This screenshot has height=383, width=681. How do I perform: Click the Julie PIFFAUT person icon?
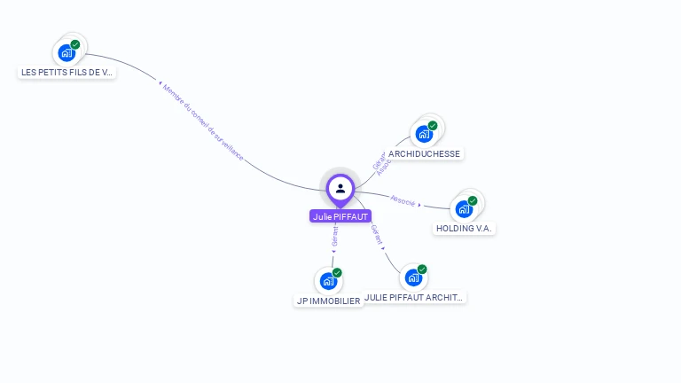click(x=340, y=188)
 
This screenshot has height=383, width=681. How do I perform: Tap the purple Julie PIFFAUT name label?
click(x=340, y=216)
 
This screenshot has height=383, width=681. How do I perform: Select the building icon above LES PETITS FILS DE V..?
click(x=67, y=53)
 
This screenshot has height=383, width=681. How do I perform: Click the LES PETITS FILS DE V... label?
click(x=67, y=72)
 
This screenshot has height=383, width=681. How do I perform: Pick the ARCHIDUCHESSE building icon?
click(x=424, y=135)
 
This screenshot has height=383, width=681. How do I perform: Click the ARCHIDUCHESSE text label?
click(x=425, y=153)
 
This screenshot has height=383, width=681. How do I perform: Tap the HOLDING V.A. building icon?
click(x=464, y=210)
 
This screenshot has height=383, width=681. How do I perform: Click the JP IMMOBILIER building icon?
click(x=328, y=282)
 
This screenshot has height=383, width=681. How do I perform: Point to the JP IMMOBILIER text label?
click(x=328, y=301)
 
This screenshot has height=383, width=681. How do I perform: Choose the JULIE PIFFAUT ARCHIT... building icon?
click(x=413, y=278)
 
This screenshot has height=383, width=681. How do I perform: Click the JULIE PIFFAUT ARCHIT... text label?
click(x=415, y=298)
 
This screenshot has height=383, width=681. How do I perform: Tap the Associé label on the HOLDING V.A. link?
click(x=403, y=201)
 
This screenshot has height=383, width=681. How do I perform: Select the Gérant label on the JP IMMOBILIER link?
click(x=334, y=236)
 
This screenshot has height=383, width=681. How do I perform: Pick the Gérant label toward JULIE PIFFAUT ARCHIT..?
click(x=377, y=235)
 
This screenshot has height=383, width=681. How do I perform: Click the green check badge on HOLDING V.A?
click(x=473, y=201)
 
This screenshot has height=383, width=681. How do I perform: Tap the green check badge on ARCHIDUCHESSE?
click(x=433, y=126)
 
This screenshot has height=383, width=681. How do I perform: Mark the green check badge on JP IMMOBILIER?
click(x=337, y=273)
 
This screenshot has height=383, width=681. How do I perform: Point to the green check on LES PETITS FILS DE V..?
click(x=75, y=44)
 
